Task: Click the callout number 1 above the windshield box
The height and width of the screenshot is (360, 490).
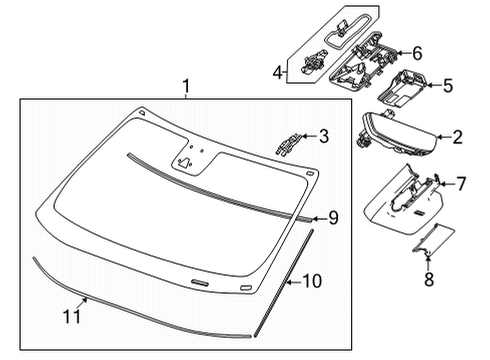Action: pos(185,88)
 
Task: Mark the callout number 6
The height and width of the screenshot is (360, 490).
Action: pos(417,53)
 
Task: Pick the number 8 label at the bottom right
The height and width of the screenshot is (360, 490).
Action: pos(428,279)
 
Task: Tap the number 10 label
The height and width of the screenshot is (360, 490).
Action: pos(312,283)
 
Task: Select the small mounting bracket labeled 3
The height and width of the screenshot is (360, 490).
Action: pos(288,142)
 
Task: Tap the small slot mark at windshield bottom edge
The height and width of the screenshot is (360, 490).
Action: pos(199,285)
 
